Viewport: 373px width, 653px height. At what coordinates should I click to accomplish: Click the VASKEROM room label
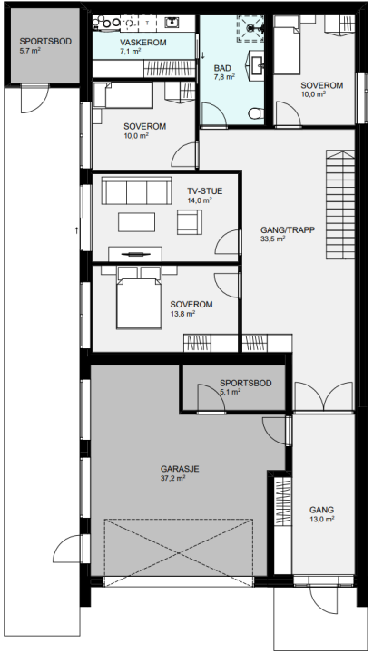143,43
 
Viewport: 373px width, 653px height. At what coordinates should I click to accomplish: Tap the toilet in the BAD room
255,112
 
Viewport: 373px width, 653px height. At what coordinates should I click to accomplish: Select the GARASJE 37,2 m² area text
180,473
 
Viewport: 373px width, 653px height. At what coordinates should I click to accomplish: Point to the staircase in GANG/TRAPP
340,204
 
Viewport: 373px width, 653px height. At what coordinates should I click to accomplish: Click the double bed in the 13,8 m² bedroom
139,298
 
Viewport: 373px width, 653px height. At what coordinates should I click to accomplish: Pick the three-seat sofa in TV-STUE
137,190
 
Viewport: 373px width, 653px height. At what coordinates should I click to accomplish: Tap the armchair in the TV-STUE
189,222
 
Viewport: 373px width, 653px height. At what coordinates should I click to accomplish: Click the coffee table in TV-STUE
137,222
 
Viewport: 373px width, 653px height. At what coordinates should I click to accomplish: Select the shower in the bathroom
250,29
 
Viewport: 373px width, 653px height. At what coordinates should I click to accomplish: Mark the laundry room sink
172,22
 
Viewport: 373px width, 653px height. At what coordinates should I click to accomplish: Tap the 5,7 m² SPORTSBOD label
45,45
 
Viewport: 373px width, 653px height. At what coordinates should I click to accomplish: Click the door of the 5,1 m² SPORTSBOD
211,399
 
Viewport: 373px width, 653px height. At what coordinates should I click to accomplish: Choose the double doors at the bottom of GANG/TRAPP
324,396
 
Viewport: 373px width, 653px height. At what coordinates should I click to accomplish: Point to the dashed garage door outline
179,552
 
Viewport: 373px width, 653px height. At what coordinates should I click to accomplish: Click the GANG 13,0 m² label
322,514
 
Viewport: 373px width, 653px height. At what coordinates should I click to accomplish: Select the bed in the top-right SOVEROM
287,44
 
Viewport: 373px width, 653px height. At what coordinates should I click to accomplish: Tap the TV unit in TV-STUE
135,254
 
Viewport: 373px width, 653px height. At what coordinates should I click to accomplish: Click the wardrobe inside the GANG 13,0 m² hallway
283,526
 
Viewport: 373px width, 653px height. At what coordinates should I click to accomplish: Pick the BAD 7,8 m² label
225,72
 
